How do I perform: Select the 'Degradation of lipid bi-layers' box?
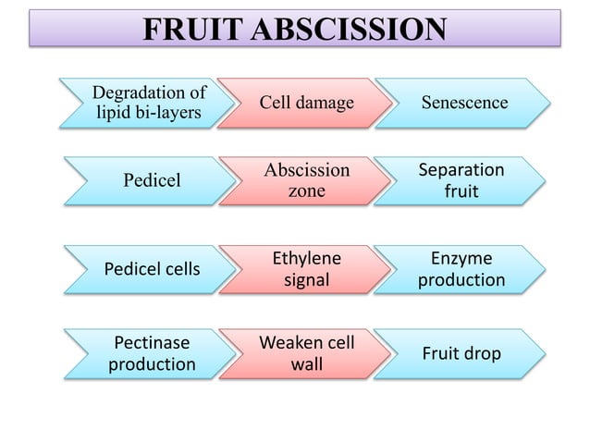point(148,103)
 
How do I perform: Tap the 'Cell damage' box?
point(306,103)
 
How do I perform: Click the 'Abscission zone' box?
point(306,180)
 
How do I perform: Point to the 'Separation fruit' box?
point(461,180)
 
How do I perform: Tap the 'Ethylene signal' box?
point(306,268)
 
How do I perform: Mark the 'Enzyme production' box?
point(461,268)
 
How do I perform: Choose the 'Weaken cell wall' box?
point(306,353)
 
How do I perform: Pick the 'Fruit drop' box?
point(461,353)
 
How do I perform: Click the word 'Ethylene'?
point(306,258)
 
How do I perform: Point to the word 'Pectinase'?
point(152,343)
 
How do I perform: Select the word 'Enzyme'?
point(461,258)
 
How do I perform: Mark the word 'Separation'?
point(461,170)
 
